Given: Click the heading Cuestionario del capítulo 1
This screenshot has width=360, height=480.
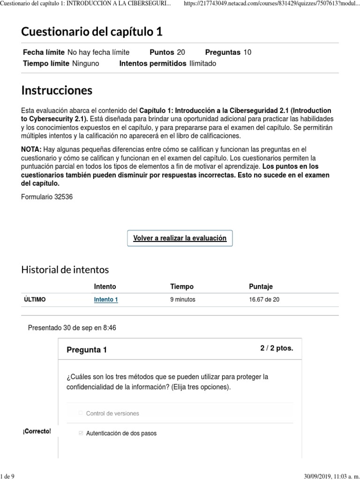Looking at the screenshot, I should click(92, 32).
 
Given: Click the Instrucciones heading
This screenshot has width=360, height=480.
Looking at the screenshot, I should click(57, 90).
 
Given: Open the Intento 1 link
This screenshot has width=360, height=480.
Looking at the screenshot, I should click(106, 300).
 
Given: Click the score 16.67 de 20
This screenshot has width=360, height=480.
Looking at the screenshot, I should click(264, 300).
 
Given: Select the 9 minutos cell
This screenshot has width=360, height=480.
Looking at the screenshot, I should click(183, 300).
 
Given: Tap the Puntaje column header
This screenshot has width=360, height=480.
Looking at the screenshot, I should click(261, 286).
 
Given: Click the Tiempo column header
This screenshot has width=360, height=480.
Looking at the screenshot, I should click(182, 286).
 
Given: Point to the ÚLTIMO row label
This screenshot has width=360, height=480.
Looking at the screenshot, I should click(35, 300).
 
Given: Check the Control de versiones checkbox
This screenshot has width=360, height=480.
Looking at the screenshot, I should click(81, 413).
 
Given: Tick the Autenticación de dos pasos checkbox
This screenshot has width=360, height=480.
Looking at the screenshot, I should click(81, 433).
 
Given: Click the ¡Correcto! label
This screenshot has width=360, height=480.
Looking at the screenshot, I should click(37, 431).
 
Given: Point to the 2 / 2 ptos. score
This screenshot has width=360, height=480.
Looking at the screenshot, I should click(277, 348).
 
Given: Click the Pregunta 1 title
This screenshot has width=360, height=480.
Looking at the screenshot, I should click(87, 350).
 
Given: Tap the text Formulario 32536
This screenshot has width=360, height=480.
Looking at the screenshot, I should click(47, 197).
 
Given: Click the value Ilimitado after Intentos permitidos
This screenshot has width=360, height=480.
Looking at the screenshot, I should click(202, 63).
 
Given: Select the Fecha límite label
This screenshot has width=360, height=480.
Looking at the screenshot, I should click(44, 52).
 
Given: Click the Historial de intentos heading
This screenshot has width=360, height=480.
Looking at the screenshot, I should click(65, 270).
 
